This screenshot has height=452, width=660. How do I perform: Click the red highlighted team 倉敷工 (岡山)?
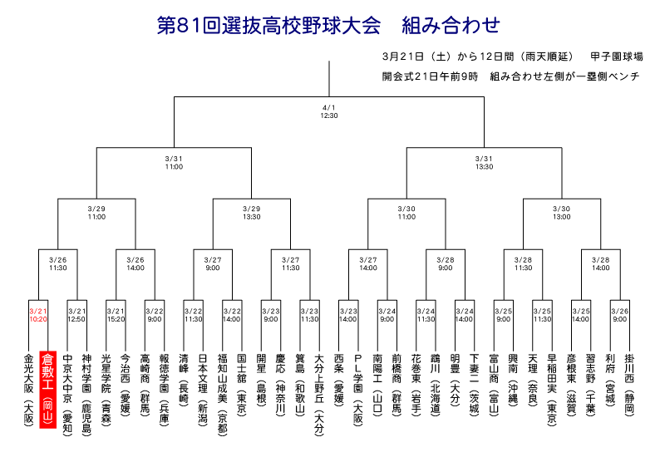pyautogui.click(x=47, y=390)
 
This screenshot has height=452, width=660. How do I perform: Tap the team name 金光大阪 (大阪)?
pyautogui.click(x=28, y=391)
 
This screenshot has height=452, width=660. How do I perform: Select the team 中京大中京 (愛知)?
pyautogui.click(x=67, y=395)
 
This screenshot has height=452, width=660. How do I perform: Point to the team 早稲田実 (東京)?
pyautogui.click(x=552, y=391)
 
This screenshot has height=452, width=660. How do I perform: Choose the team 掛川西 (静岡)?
pyautogui.click(x=629, y=385)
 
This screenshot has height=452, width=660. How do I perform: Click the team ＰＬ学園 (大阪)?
pyautogui.click(x=358, y=391)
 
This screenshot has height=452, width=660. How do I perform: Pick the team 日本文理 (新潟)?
pyautogui.click(x=203, y=391)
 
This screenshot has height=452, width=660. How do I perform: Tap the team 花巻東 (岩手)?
pyautogui.click(x=416, y=385)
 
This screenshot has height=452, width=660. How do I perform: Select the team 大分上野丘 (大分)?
pyautogui.click(x=319, y=395)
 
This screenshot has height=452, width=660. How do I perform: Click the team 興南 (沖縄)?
pyautogui.click(x=513, y=380)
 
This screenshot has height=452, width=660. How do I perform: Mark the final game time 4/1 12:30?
pyautogui.click(x=329, y=111)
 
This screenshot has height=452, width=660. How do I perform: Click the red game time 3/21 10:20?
pyautogui.click(x=38, y=315)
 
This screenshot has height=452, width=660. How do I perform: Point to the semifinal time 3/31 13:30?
pyautogui.click(x=484, y=163)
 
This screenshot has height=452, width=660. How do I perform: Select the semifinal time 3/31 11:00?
pyautogui.click(x=174, y=163)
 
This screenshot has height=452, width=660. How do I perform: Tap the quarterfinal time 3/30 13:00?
pyautogui.click(x=562, y=213)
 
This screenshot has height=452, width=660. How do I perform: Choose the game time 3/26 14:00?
pyautogui.click(x=135, y=264)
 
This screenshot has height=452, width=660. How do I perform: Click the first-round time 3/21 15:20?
pyautogui.click(x=116, y=315)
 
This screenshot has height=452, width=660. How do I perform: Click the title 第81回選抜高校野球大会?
pyautogui.click(x=269, y=25)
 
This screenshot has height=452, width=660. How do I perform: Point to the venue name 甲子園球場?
pyautogui.click(x=617, y=56)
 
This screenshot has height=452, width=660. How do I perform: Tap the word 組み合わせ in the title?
pyautogui.click(x=451, y=25)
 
